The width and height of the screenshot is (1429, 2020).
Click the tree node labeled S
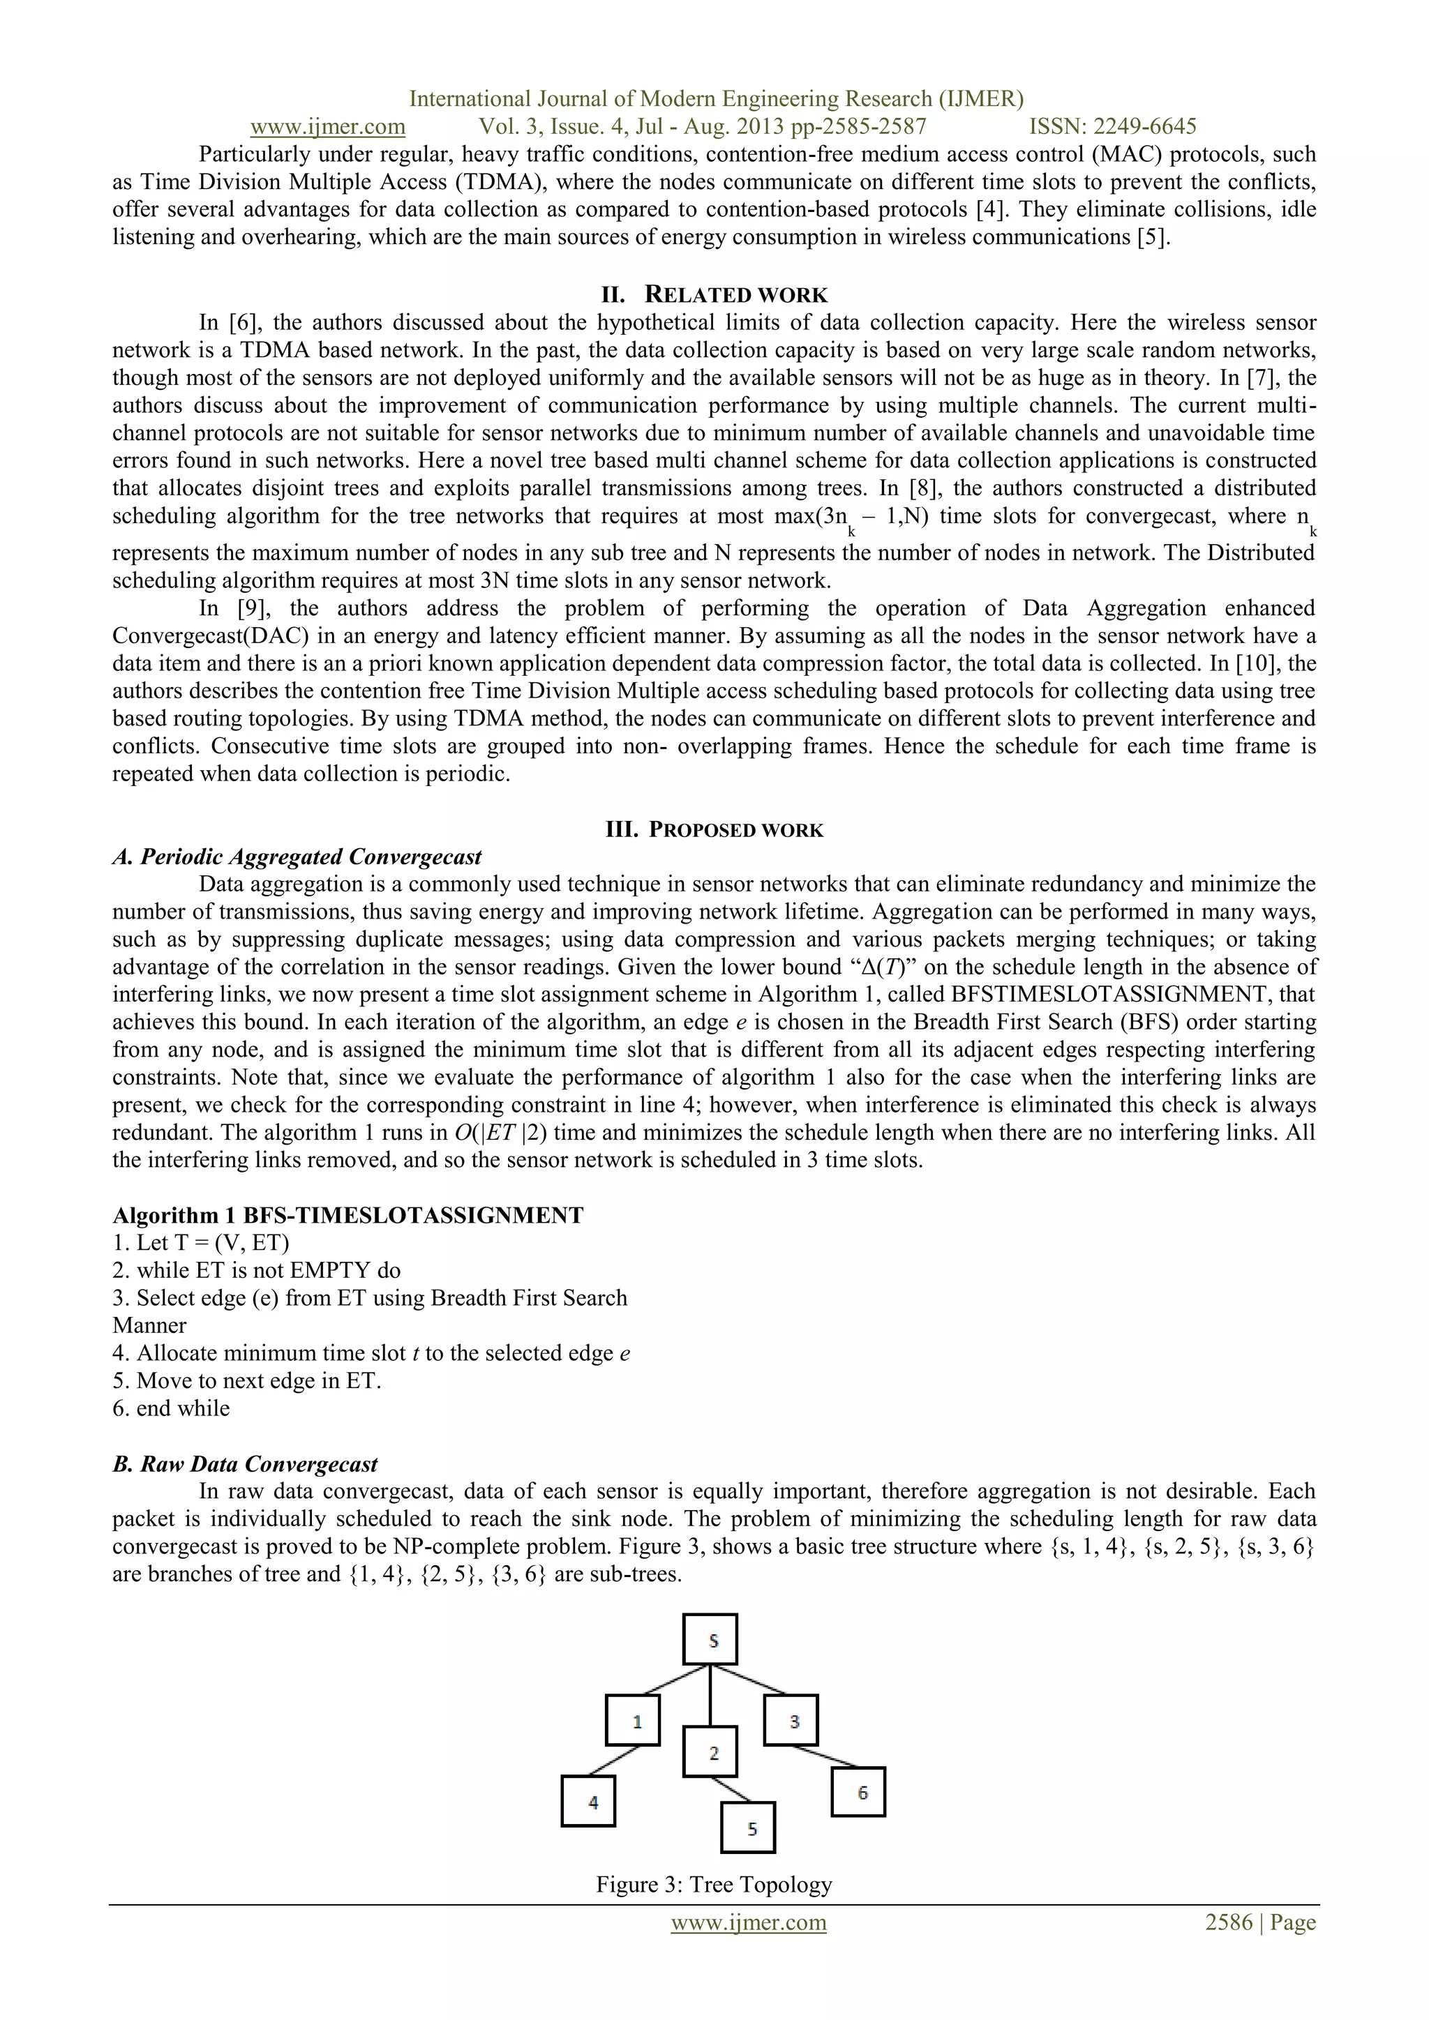tap(710, 1639)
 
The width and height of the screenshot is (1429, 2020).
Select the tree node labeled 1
tap(633, 1720)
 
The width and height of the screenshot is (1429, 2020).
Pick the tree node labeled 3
tap(791, 1720)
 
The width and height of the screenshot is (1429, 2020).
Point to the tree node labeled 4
tap(588, 1801)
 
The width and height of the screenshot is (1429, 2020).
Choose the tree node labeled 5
tap(748, 1827)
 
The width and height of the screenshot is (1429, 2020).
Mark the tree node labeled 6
tap(858, 1791)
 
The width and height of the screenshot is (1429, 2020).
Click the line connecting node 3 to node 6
tap(825, 1756)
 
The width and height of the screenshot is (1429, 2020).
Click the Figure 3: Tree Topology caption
tap(714, 1885)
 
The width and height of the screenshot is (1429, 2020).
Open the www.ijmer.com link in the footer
tap(748, 1922)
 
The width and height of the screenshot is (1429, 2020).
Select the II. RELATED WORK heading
tap(714, 295)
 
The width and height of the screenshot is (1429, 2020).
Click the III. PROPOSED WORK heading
tap(714, 829)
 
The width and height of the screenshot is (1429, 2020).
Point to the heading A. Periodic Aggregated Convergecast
tap(297, 857)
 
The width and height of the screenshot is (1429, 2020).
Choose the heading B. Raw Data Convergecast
tap(246, 1464)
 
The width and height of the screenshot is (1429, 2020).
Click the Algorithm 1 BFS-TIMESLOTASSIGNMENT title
tap(347, 1216)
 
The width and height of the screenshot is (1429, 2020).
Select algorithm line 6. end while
tap(172, 1408)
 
